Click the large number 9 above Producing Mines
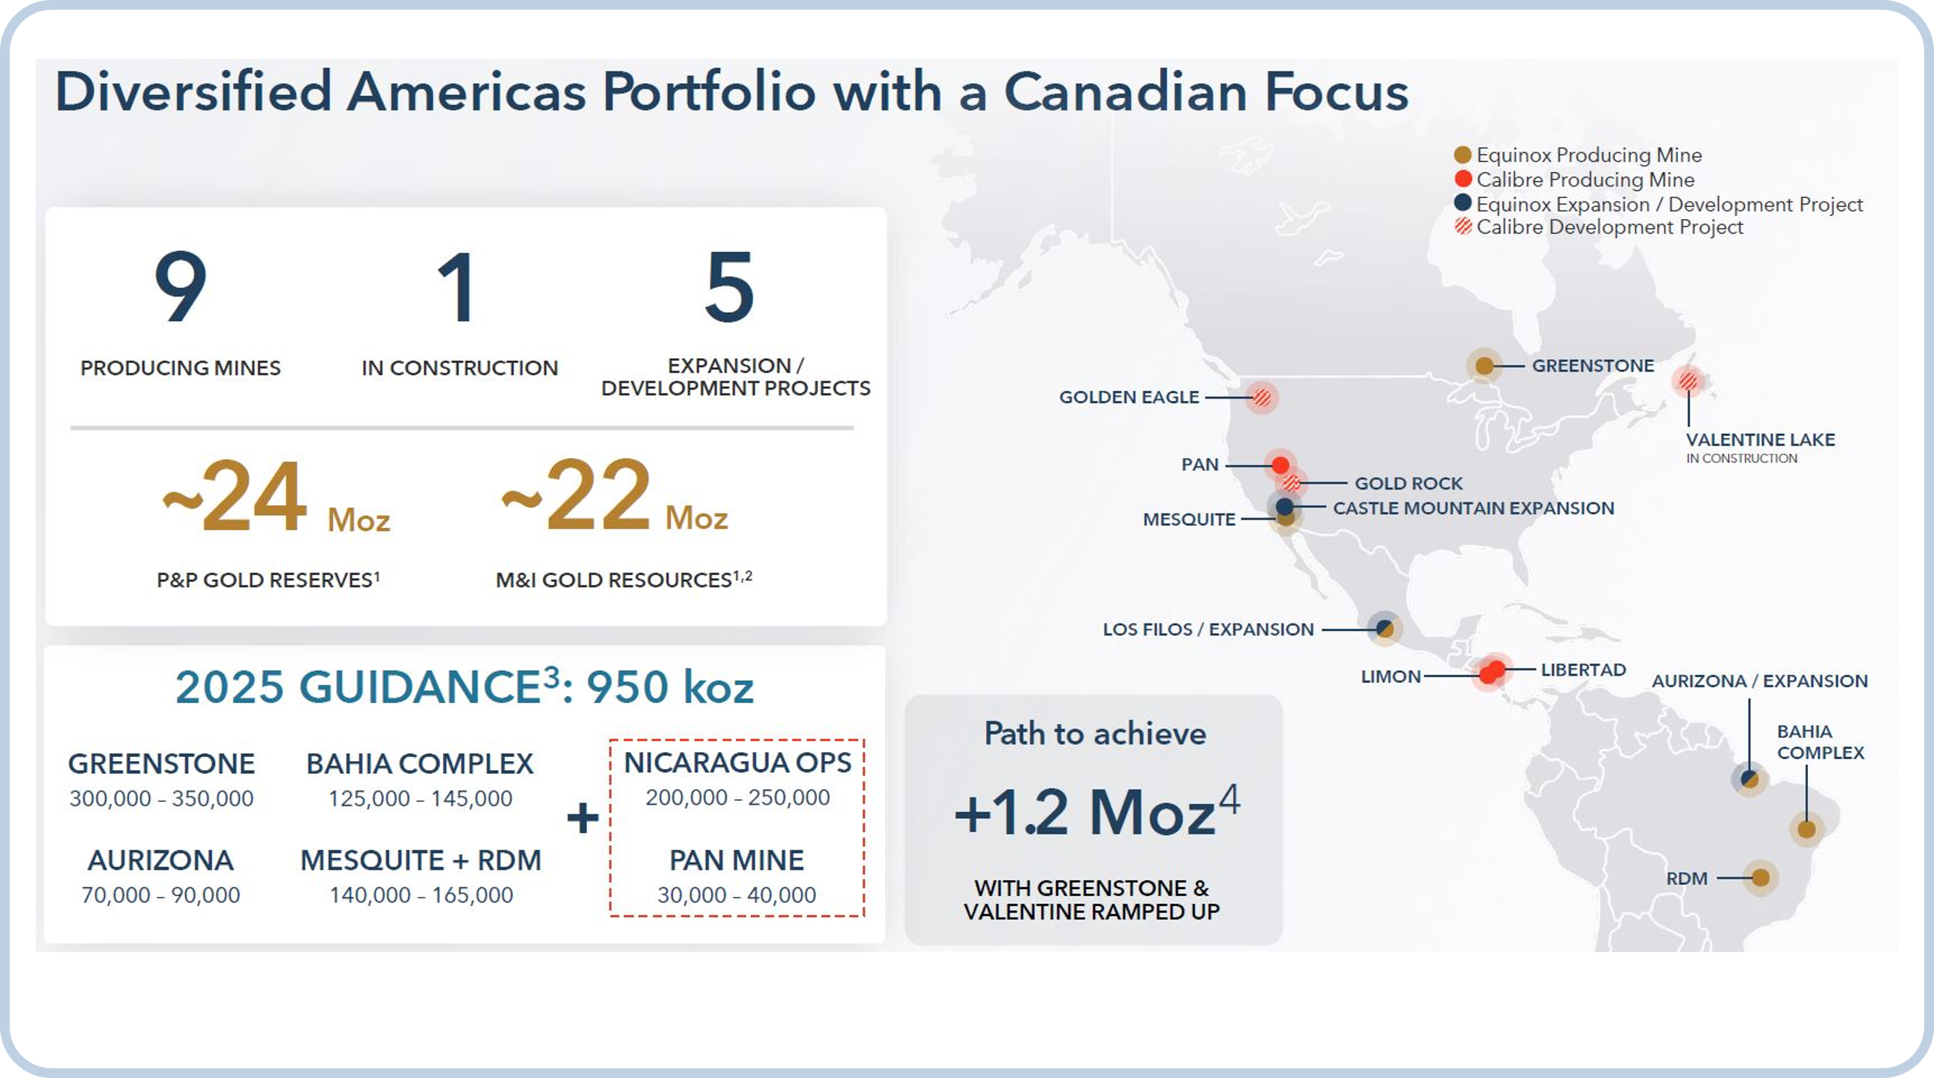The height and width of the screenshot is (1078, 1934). [181, 286]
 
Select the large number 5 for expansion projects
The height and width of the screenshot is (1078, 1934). [729, 286]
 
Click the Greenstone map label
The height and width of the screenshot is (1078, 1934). [1593, 366]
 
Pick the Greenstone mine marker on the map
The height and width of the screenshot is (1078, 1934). [1483, 366]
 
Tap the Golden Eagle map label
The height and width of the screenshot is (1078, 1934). [1129, 397]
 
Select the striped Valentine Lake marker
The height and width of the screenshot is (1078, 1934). [1688, 381]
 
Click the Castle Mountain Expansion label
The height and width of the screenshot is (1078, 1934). [1473, 509]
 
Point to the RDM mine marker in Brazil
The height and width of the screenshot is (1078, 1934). [1760, 877]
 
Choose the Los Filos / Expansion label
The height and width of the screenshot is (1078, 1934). [1208, 629]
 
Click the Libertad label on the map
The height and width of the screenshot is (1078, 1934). [1583, 669]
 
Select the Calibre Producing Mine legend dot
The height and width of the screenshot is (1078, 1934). [1462, 178]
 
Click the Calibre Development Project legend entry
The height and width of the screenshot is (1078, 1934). [1598, 227]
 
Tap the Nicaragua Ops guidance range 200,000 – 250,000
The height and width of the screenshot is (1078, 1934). [737, 797]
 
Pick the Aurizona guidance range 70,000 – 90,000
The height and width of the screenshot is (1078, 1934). [161, 895]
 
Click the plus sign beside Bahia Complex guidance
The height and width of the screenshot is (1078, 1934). [583, 818]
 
